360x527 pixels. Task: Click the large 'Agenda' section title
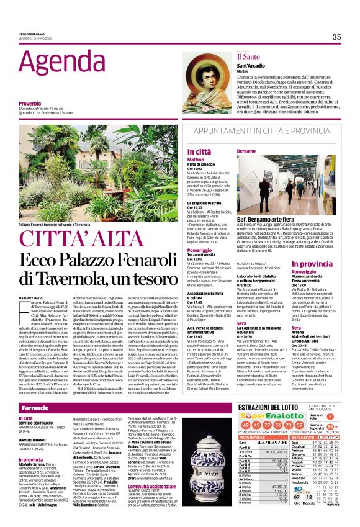(x=48, y=61)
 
